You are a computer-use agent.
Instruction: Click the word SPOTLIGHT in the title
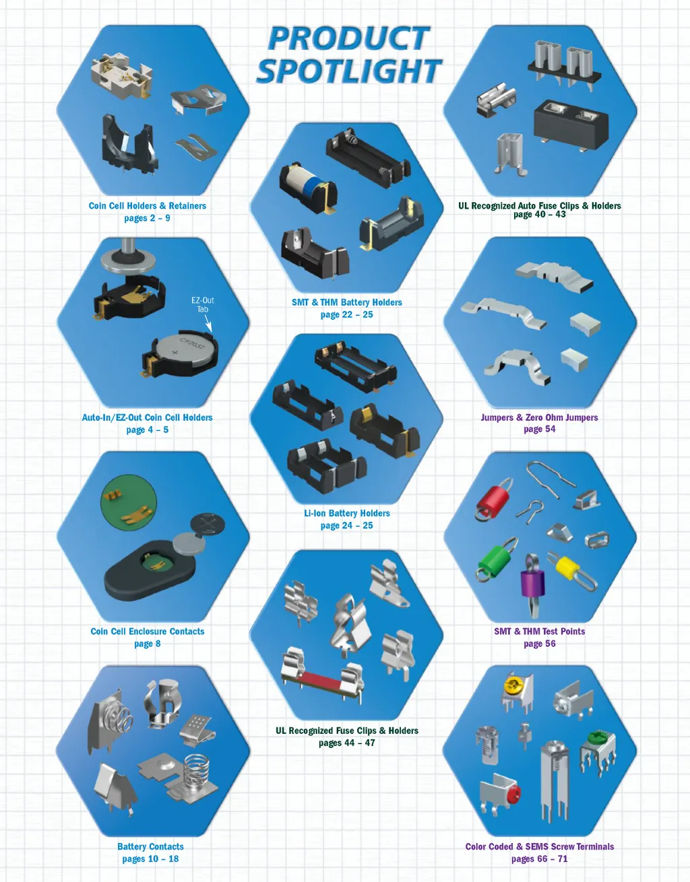pyautogui.click(x=348, y=71)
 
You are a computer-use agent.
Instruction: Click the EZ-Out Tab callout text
pyautogui.click(x=202, y=304)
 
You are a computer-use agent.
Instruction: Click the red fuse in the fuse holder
pyautogui.click(x=321, y=678)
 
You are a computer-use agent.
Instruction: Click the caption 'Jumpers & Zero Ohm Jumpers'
pyautogui.click(x=539, y=417)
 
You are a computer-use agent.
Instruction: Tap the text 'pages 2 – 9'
pyautogui.click(x=147, y=218)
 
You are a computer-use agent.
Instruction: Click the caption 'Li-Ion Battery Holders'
pyautogui.click(x=347, y=513)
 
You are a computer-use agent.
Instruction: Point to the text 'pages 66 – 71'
pyautogui.click(x=539, y=858)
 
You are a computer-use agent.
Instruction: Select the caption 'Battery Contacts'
pyautogui.click(x=150, y=846)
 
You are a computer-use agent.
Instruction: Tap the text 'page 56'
pyautogui.click(x=539, y=644)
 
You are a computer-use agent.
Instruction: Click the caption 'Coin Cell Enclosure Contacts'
pyautogui.click(x=147, y=631)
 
